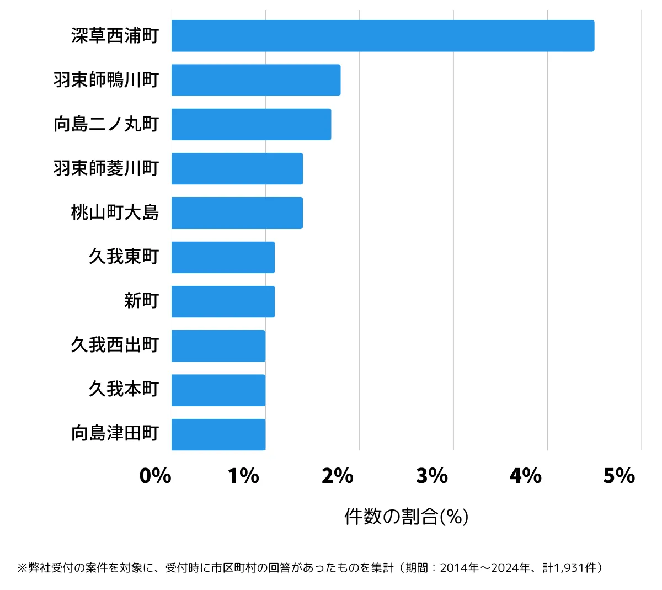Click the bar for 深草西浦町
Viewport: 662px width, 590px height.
pos(382,36)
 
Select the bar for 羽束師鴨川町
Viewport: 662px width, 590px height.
pos(256,80)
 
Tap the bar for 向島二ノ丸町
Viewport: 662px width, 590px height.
pos(251,124)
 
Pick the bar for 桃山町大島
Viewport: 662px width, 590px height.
pos(237,213)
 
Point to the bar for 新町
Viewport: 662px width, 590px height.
pos(223,301)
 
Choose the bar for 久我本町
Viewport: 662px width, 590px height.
pos(218,390)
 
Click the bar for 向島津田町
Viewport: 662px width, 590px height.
pos(218,434)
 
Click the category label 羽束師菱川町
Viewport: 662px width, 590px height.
pos(106,168)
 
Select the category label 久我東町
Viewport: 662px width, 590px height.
pos(124,257)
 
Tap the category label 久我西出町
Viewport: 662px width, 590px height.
pos(115,346)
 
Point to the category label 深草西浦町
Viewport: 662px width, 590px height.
pos(115,36)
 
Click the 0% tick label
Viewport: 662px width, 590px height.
pos(155,476)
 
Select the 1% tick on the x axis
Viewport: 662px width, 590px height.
pos(243,476)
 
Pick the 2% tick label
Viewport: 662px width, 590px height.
pos(337,476)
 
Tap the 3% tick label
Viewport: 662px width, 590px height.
pos(431,476)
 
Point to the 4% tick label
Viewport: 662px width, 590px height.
pos(525,476)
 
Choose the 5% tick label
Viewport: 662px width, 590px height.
pos(619,476)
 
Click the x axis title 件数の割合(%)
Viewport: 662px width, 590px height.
pos(406,517)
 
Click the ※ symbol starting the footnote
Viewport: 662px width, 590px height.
pos(22,568)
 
